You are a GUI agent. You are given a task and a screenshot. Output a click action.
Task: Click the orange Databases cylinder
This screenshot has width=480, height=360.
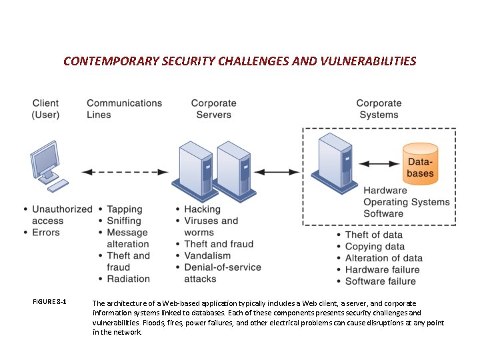(421, 163)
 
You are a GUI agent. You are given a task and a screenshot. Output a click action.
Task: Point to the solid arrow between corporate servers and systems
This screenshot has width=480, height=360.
(277, 172)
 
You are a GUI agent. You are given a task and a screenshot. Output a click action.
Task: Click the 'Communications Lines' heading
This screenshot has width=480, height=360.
(124, 109)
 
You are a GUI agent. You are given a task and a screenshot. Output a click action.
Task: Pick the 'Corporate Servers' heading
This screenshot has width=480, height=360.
(213, 109)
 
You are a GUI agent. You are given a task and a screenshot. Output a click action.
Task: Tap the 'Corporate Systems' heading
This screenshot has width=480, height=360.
(379, 109)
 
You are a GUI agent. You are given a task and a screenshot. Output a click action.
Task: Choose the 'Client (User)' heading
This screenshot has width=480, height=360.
(45, 109)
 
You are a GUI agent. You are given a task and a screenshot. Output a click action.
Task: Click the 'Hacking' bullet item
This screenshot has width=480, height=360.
(202, 209)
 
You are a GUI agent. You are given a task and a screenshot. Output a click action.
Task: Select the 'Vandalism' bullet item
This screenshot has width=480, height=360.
(207, 255)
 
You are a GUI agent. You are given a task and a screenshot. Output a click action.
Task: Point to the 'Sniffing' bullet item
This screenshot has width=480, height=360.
(124, 221)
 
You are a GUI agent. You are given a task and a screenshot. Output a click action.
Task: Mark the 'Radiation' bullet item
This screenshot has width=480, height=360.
(128, 279)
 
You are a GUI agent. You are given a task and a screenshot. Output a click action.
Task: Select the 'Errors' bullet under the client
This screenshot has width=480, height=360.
(45, 233)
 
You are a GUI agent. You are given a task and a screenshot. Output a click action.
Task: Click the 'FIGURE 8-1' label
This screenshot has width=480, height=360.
(49, 302)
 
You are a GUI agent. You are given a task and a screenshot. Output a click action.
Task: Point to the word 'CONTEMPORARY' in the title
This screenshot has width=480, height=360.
(111, 61)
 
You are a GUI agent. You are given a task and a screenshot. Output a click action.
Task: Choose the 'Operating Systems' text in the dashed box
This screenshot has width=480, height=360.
(406, 202)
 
